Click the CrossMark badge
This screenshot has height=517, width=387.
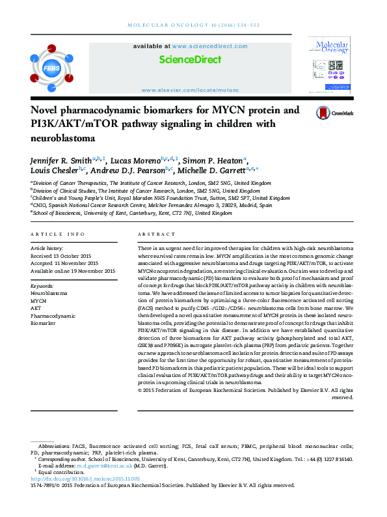(332, 113)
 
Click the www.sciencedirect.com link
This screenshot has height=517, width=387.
(209, 46)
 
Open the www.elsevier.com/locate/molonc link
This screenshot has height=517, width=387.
(190, 90)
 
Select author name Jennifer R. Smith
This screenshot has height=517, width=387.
(60, 160)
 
